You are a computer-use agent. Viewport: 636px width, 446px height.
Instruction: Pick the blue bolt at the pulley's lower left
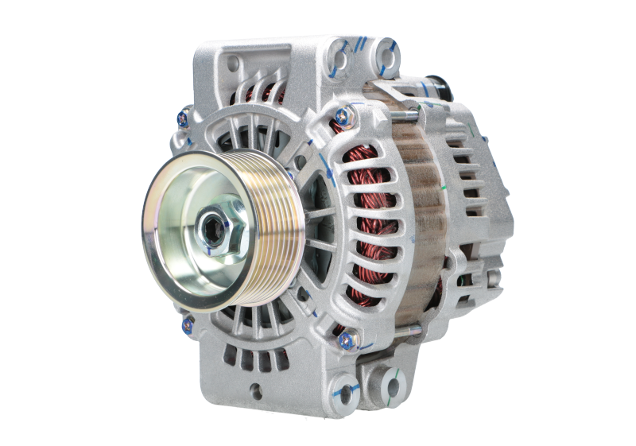[x=188, y=321]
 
